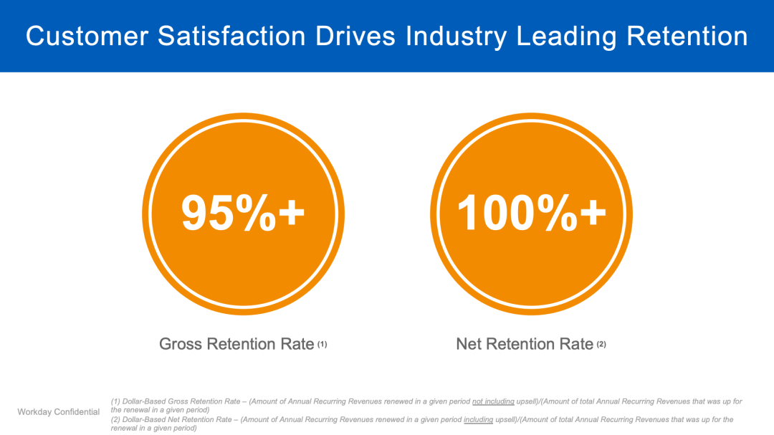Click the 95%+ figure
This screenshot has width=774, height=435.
pos(243,214)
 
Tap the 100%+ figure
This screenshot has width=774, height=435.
pos(531,214)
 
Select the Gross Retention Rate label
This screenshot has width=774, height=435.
pos(236,345)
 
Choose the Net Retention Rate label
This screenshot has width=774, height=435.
pos(525,345)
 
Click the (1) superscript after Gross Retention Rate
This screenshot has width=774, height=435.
pos(322,345)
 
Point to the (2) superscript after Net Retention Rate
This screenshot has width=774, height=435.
pos(601,345)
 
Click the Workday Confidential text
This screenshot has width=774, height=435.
pos(59,412)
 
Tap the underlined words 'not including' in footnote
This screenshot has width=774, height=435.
pos(493,401)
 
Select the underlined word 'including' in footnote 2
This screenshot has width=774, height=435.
pos(479,419)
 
